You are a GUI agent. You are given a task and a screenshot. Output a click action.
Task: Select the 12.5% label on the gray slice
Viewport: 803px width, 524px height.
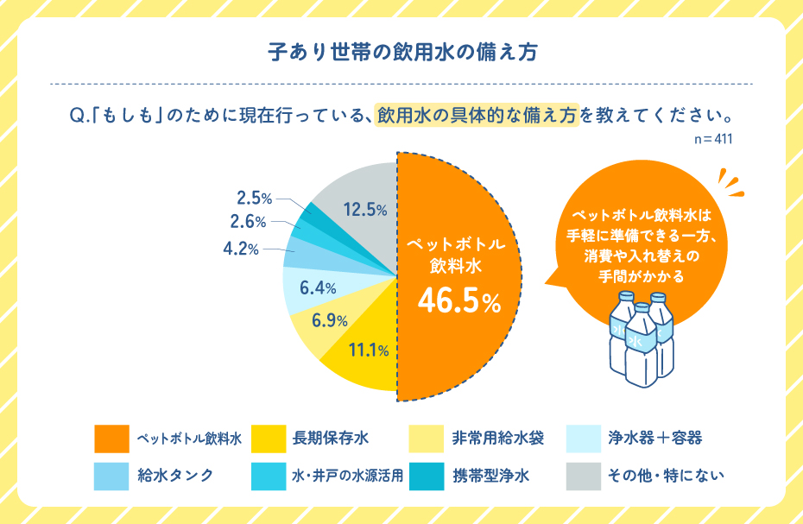point(364,209)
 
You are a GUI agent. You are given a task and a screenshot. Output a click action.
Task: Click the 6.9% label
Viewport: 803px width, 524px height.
point(330,321)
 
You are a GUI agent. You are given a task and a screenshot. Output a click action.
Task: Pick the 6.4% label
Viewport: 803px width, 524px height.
point(318,286)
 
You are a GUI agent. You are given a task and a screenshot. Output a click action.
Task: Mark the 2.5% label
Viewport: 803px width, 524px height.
point(255,197)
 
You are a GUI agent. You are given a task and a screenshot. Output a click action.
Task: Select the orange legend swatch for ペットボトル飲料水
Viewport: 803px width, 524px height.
point(111,439)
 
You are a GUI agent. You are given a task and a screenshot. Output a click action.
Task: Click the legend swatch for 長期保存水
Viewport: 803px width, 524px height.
point(269,439)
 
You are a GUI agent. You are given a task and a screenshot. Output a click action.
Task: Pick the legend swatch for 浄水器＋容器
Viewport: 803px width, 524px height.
point(584,439)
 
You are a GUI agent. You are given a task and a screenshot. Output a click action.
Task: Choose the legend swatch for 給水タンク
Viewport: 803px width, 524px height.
point(111,476)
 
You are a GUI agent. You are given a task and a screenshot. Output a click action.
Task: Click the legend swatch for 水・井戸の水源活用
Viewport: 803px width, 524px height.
point(269,476)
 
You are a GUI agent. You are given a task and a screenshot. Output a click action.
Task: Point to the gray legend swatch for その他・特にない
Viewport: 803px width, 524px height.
point(584,476)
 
